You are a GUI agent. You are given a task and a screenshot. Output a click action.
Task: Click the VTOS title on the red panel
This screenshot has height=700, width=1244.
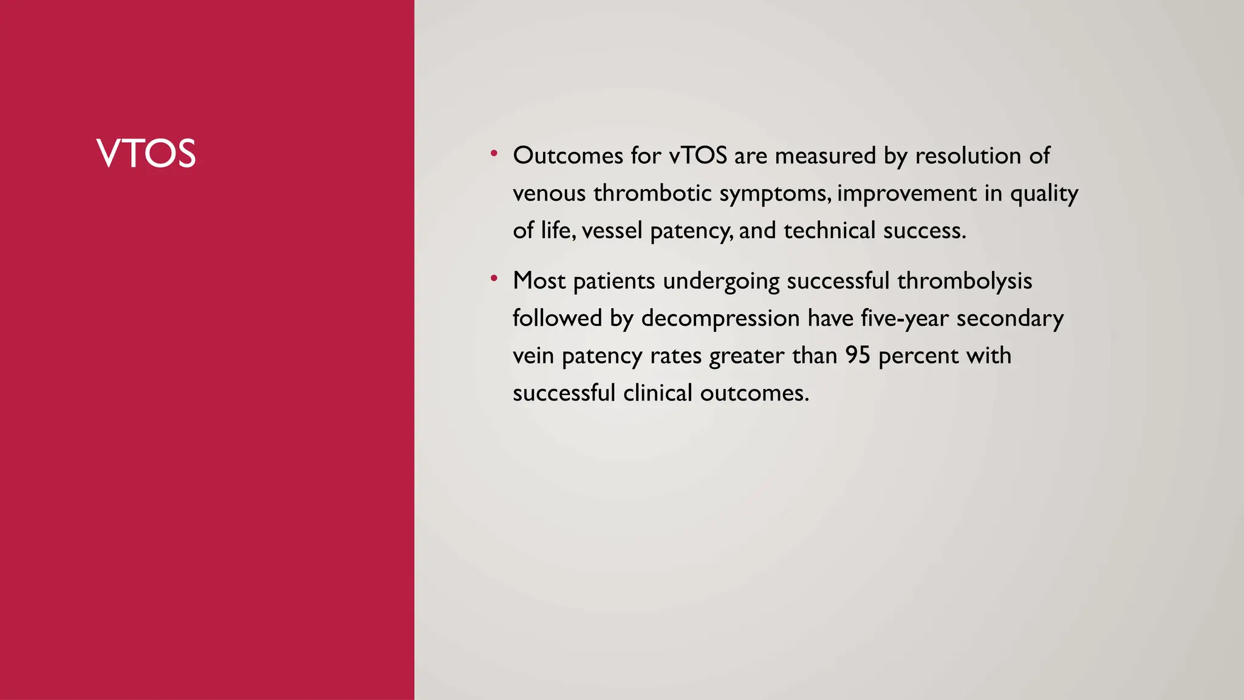click(x=146, y=153)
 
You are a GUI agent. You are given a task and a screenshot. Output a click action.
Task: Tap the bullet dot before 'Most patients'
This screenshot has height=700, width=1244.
click(x=494, y=279)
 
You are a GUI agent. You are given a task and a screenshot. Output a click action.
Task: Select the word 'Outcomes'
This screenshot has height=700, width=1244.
click(x=568, y=156)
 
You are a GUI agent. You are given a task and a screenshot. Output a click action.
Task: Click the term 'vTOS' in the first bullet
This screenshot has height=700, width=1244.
click(x=698, y=156)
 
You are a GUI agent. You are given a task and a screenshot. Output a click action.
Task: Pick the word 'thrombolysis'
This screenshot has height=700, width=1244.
click(x=965, y=281)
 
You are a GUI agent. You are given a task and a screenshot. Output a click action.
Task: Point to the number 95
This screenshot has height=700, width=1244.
click(x=858, y=355)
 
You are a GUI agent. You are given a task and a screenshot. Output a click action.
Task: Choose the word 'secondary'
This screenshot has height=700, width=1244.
click(x=1010, y=318)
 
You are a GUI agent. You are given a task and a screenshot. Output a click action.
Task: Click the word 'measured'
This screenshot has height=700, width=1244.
click(x=825, y=156)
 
